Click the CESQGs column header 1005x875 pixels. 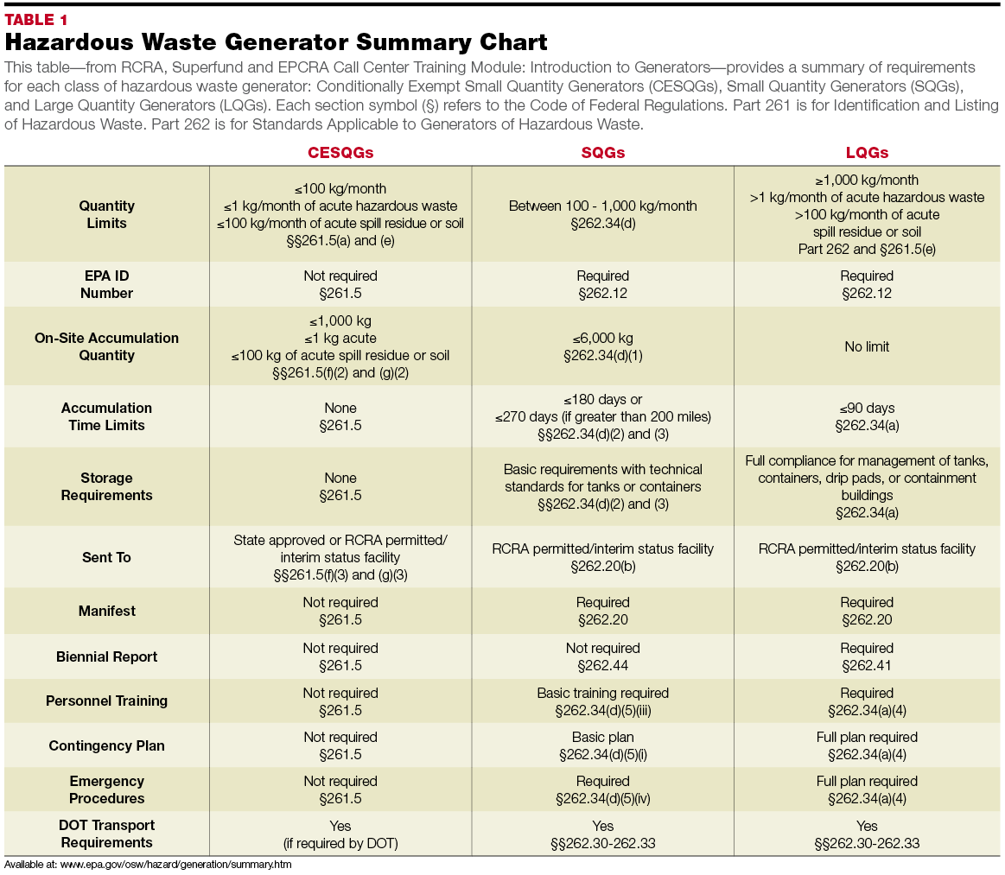click(340, 153)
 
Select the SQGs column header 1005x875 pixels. click(602, 153)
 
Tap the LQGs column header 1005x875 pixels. click(867, 153)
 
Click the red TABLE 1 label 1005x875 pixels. click(36, 20)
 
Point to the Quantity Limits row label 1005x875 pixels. click(107, 214)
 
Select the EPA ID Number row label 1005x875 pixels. click(107, 284)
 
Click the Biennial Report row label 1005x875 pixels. click(107, 656)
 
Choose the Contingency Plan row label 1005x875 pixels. click(107, 745)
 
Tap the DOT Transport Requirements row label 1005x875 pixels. click(107, 834)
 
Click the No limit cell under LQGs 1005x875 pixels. click(867, 346)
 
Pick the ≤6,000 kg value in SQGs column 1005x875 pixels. click(602, 338)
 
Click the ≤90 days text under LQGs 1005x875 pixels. click(867, 408)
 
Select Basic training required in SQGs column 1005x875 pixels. click(602, 693)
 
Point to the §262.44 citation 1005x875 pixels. click(602, 666)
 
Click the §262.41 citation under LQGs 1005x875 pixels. click(867, 666)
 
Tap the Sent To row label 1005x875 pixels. click(107, 557)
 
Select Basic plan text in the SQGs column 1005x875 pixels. click(602, 737)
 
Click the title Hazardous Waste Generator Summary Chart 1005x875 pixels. click(277, 42)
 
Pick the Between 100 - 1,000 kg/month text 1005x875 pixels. click(602, 206)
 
